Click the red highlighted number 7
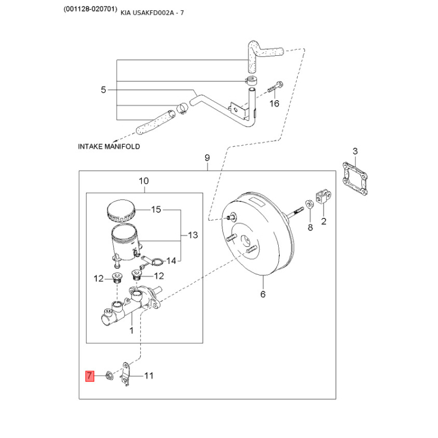tap(89, 376)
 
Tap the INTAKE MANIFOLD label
tap(109, 146)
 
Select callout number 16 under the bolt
tap(274, 103)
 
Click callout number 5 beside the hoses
tap(103, 90)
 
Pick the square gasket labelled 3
tap(355, 178)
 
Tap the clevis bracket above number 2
tap(324, 196)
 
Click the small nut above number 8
tap(309, 204)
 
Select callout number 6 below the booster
tap(263, 294)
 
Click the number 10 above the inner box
tap(144, 181)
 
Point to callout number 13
tap(193, 235)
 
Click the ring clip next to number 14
tap(158, 262)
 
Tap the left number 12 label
tap(99, 279)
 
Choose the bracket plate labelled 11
tap(126, 374)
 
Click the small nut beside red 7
tap(109, 376)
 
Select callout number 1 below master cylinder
tap(131, 331)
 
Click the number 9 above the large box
tap(207, 158)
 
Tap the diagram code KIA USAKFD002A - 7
tap(152, 13)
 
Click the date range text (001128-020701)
tap(90, 9)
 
